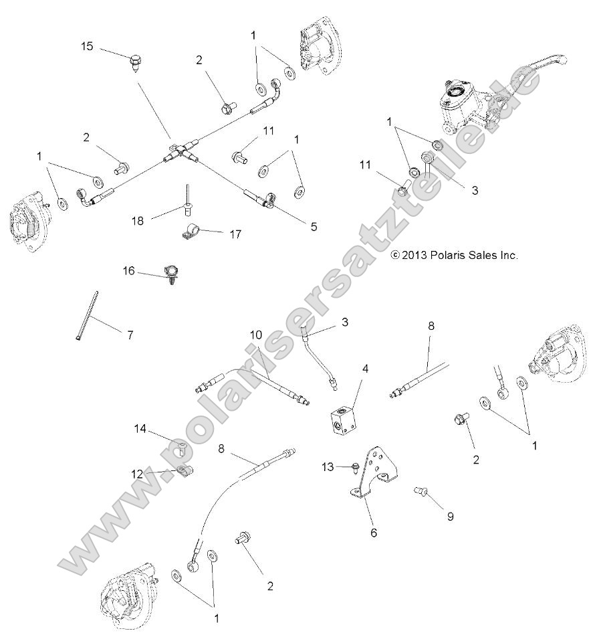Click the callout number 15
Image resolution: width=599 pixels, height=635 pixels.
coord(88,46)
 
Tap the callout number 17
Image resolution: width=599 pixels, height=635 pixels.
coord(235,234)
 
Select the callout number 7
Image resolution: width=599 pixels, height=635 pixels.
coord(130,335)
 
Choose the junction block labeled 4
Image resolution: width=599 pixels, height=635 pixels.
coord(344,423)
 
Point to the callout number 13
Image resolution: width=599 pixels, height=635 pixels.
coord(327,466)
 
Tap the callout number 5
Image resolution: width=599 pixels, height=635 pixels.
coord(314,226)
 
